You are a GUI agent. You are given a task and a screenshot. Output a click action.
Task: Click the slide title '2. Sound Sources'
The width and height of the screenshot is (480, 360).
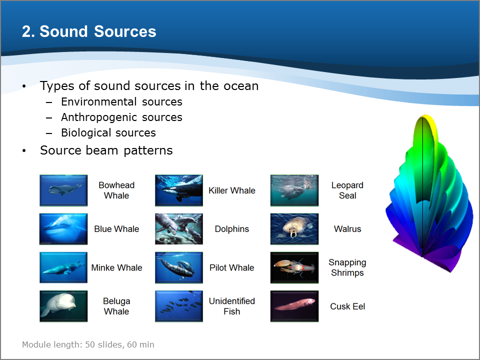tap(89, 31)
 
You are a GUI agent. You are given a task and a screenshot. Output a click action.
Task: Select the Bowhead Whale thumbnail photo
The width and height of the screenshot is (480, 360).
tap(63, 190)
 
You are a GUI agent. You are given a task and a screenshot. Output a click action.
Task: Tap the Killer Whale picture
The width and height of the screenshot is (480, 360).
tap(179, 190)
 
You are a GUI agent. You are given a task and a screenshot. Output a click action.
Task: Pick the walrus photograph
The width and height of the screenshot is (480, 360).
tap(294, 229)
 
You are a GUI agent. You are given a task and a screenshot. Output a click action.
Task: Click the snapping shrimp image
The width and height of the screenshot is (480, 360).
tap(294, 267)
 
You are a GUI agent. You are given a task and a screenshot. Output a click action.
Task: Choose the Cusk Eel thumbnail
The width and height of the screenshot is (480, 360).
tap(294, 306)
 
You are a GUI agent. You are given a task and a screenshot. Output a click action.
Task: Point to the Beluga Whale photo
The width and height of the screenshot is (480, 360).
tap(63, 306)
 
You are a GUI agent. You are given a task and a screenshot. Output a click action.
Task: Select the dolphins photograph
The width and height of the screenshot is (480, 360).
tap(179, 229)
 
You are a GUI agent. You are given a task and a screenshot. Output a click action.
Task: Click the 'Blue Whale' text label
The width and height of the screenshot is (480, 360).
tap(116, 229)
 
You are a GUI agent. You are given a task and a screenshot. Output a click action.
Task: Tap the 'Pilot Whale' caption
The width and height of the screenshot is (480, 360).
tap(231, 267)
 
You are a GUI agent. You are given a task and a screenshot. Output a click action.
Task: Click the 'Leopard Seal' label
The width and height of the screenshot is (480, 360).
tap(347, 190)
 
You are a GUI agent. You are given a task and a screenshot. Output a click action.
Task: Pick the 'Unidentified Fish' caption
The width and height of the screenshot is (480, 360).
tap(231, 306)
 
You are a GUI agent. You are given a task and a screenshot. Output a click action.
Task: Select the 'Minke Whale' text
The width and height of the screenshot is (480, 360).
tap(116, 267)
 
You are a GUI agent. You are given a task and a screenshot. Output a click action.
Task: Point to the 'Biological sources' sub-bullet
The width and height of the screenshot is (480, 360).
tap(108, 133)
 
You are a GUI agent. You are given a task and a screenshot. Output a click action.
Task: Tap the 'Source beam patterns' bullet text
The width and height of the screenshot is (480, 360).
tap(106, 150)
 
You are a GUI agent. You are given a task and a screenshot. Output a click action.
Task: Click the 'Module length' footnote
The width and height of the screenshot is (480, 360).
tap(88, 344)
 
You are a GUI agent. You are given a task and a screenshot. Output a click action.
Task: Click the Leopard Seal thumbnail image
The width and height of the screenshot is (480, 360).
tap(294, 190)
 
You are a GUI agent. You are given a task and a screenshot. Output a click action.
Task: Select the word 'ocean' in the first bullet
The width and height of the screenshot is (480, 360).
tap(241, 86)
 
